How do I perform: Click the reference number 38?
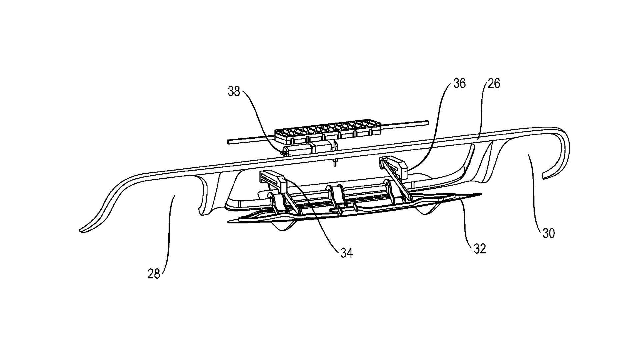click(234, 91)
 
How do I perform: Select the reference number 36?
click(459, 84)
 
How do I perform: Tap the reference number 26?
click(494, 83)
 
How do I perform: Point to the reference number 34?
click(346, 253)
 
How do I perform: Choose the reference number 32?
click(480, 248)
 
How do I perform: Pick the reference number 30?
click(548, 233)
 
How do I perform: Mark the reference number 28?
click(154, 274)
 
